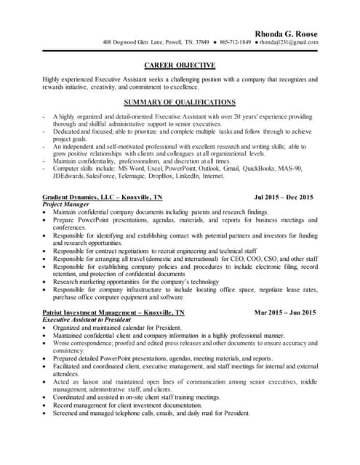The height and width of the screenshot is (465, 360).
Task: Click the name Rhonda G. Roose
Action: coord(286,33)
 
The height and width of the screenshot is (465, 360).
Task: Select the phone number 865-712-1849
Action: coord(235,42)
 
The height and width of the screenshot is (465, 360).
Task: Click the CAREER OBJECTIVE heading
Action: coord(180,65)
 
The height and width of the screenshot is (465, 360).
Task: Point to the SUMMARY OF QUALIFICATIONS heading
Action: coord(180,102)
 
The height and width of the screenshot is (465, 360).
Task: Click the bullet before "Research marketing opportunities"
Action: coord(45,281)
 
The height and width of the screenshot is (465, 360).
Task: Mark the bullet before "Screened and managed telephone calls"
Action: coord(45,413)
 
